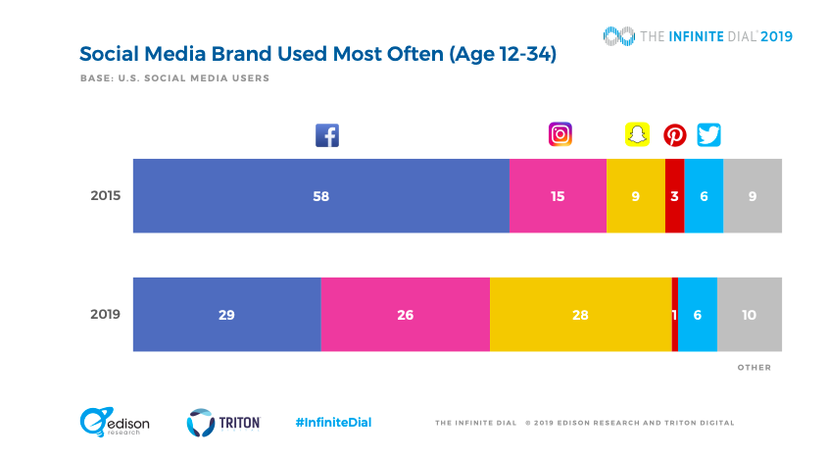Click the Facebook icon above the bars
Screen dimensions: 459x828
tap(326, 135)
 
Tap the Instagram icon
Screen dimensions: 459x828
tap(560, 134)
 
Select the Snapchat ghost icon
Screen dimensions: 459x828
tap(638, 134)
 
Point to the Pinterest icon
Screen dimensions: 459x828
tap(675, 135)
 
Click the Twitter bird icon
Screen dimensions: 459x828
tap(708, 134)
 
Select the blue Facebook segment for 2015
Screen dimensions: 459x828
tap(320, 195)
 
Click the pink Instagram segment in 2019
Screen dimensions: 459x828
tap(405, 314)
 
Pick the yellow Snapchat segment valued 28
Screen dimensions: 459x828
tap(580, 314)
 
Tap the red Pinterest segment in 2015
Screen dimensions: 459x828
tap(674, 195)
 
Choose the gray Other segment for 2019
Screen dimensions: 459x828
tap(750, 314)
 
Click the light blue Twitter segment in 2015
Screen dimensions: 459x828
tap(704, 195)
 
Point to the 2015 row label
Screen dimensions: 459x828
tap(105, 195)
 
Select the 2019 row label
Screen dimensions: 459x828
tap(105, 315)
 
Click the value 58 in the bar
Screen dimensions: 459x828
tap(320, 196)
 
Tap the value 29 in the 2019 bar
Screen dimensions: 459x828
tap(226, 315)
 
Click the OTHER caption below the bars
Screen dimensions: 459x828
tap(754, 368)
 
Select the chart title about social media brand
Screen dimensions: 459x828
tap(317, 54)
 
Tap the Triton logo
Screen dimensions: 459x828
tap(223, 422)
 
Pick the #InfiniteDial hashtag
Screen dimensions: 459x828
tap(332, 423)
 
